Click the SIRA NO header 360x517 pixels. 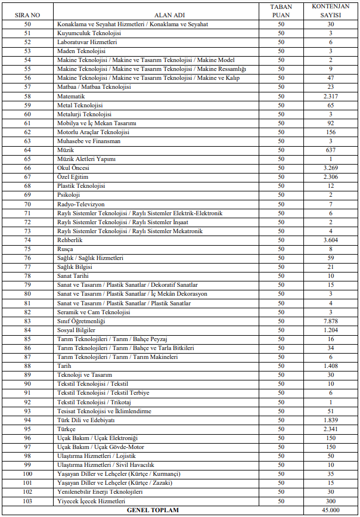(x=27, y=12)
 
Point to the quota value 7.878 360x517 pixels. (x=330, y=321)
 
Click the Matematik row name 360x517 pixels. (x=71, y=96)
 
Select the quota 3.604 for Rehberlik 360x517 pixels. (x=330, y=240)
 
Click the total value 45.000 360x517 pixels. (x=330, y=510)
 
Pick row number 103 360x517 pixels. (x=27, y=501)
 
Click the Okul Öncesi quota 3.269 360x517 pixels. (x=330, y=168)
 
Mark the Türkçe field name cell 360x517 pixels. (x=66, y=429)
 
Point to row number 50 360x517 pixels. (x=27, y=24)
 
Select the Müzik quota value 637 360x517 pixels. (x=330, y=150)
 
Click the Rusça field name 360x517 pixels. (x=66, y=249)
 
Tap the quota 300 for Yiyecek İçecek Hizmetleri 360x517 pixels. (x=330, y=501)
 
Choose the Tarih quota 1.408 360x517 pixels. (x=330, y=366)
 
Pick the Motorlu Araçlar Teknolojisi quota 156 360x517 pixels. (x=330, y=132)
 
